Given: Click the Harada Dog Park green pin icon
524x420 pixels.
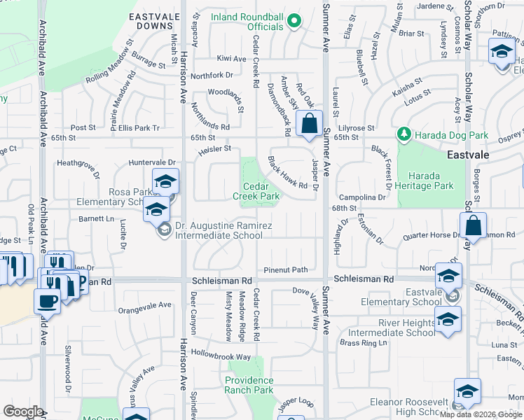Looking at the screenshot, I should [x=404, y=133].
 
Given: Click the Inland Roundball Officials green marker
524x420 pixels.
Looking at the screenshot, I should [x=294, y=21].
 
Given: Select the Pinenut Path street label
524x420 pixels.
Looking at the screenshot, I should [x=286, y=270].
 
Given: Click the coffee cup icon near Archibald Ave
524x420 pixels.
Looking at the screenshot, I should [x=48, y=301].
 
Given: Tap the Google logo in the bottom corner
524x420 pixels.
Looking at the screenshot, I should [x=23, y=412].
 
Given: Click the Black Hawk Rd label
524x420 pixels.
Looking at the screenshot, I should [x=288, y=173].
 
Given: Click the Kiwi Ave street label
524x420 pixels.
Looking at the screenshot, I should [x=231, y=59].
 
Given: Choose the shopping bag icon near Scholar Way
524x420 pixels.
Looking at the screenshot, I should [x=474, y=226].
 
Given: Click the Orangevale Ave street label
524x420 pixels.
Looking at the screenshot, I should [x=145, y=305].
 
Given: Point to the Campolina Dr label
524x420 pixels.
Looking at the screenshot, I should [x=364, y=198].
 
